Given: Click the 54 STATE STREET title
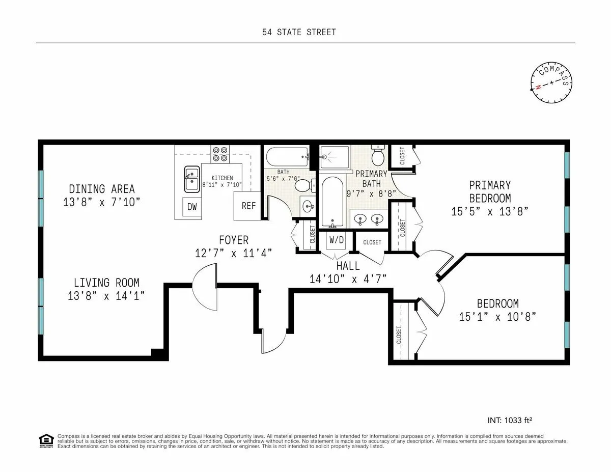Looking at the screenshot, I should coord(299,32).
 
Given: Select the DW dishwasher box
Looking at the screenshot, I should coord(192,207).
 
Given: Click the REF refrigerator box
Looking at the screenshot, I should coord(248,206).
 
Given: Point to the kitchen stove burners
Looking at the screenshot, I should coord(220,154).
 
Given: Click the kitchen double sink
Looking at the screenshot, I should coord(192,179).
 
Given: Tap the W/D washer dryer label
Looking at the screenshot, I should coord(336,240).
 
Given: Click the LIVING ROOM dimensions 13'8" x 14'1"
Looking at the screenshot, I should coord(106,295).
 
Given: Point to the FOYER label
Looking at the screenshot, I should coord(234,240).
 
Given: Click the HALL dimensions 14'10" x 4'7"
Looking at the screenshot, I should coord(348,279).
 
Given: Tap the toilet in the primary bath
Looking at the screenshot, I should coord(378,154).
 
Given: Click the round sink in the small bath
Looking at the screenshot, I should coord(308,206).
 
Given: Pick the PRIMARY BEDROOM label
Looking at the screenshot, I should coord(489,191).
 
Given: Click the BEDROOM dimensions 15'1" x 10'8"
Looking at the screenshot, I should coord(497,316).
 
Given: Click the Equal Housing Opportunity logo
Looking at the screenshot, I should coord(46,440).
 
